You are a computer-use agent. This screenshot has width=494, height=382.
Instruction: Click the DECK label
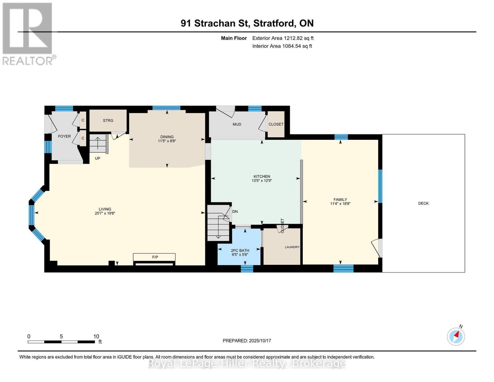[x=423, y=203]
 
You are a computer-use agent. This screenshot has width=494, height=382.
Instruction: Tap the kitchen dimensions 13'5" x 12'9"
[x=261, y=181]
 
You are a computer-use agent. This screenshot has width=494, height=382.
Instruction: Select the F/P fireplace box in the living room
[x=154, y=257]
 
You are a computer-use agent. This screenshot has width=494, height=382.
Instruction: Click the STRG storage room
[x=108, y=121]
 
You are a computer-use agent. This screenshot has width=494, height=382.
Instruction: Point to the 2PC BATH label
[x=240, y=251]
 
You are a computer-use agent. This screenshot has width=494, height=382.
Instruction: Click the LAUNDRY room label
[x=292, y=247]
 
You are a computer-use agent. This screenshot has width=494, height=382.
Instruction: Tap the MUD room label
[x=237, y=124]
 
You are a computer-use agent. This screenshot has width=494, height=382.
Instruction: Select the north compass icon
[x=456, y=336]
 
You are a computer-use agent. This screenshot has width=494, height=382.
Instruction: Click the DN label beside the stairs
[x=235, y=212]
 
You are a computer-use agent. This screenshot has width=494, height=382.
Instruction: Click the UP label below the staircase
[x=98, y=158]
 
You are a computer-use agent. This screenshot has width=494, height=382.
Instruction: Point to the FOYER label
[x=64, y=136]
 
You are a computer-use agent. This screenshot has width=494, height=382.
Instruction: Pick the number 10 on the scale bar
[x=96, y=336]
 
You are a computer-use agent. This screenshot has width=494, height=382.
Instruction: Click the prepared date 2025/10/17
[x=259, y=341]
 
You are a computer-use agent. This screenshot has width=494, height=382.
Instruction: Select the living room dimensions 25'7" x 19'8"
[x=105, y=214]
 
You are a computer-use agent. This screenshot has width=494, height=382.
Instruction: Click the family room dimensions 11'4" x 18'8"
[x=340, y=204]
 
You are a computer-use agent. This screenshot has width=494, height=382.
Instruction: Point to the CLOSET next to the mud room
[x=276, y=124]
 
